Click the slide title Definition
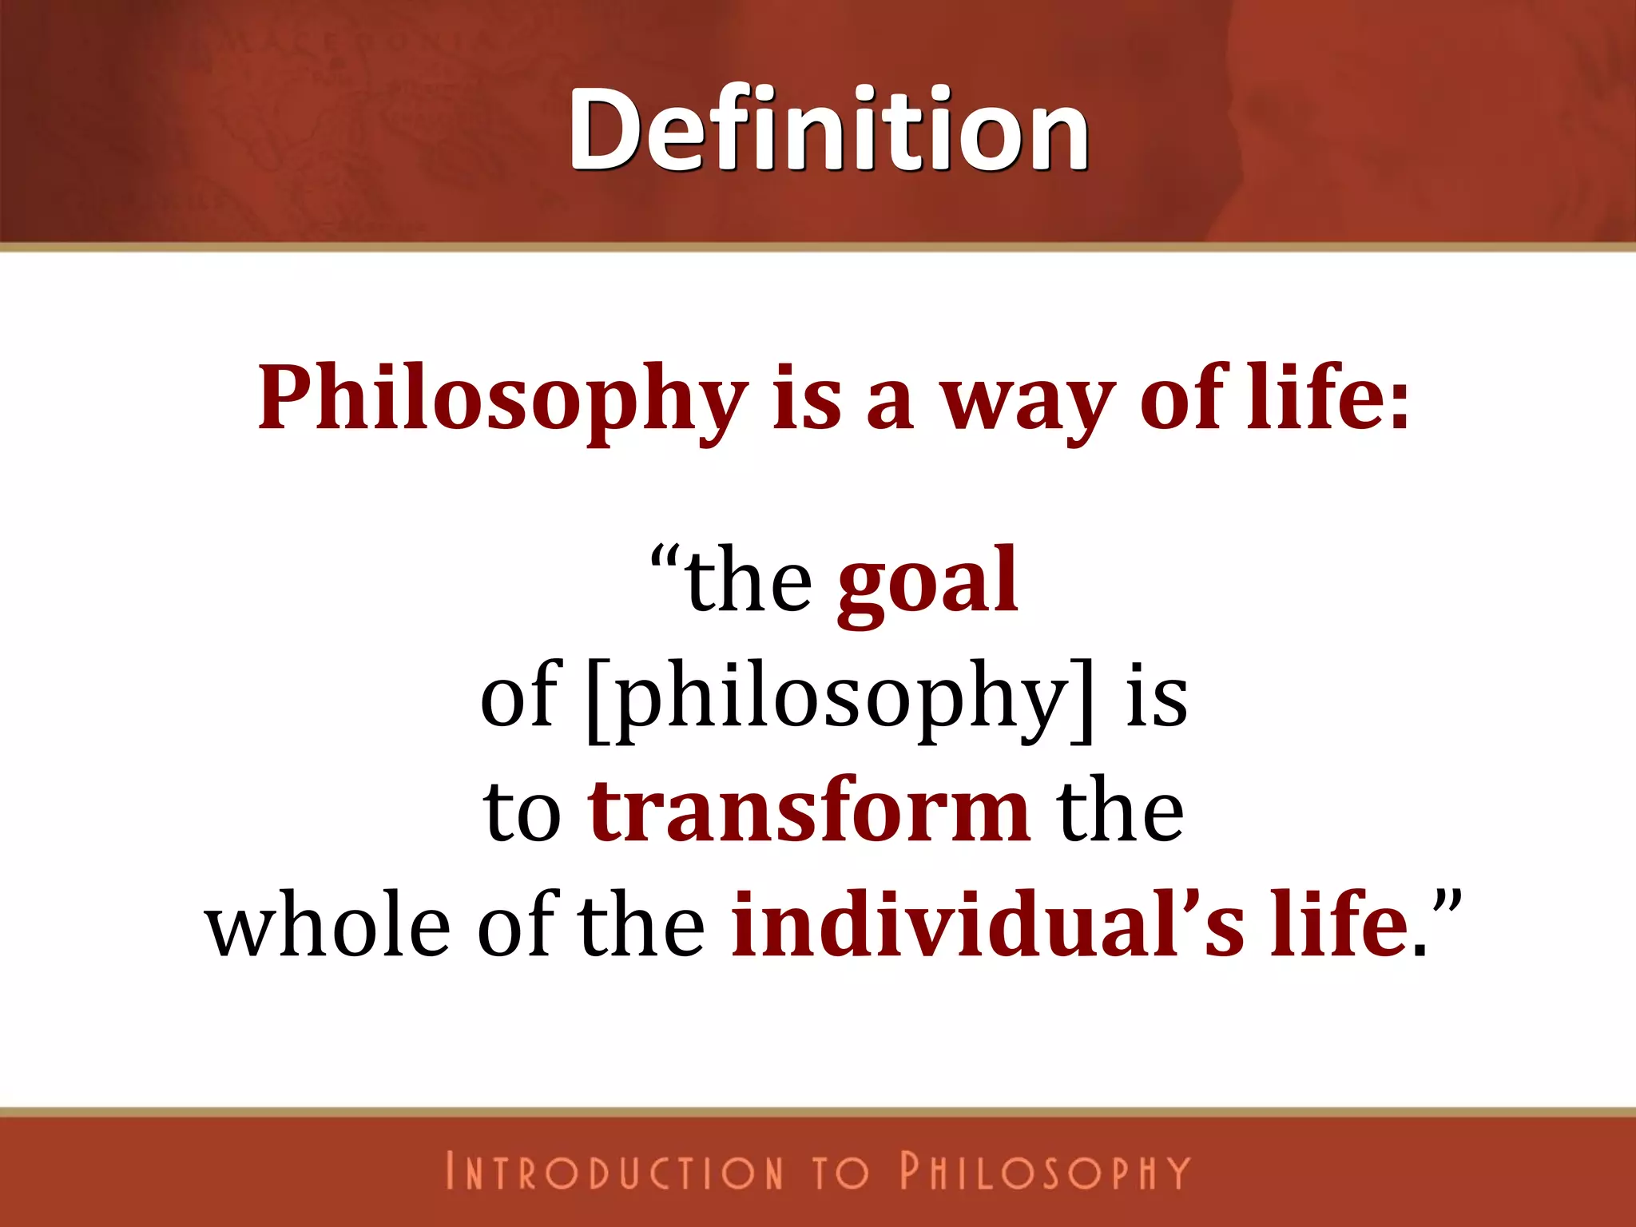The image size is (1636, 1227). tap(828, 130)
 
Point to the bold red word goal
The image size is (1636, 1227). tap(927, 581)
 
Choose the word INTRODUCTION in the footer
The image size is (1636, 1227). tap(614, 1172)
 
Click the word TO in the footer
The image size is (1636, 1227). tap(840, 1172)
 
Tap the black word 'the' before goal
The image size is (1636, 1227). tap(749, 581)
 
